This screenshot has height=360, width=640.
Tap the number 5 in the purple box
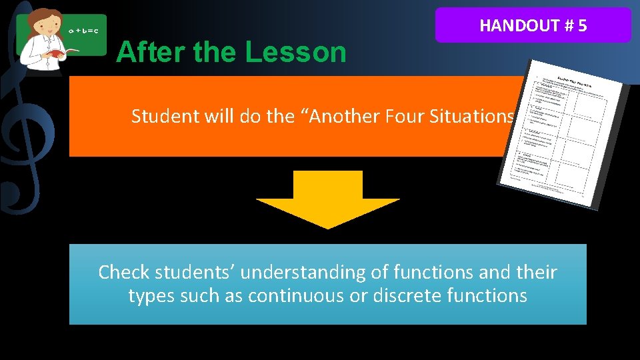583,26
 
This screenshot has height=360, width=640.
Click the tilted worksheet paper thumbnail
563,133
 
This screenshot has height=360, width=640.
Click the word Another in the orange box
347,117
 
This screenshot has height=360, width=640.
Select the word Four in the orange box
407,117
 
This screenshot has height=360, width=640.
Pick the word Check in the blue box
123,273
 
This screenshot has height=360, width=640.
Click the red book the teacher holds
56,53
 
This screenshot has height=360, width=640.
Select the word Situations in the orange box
473,117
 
